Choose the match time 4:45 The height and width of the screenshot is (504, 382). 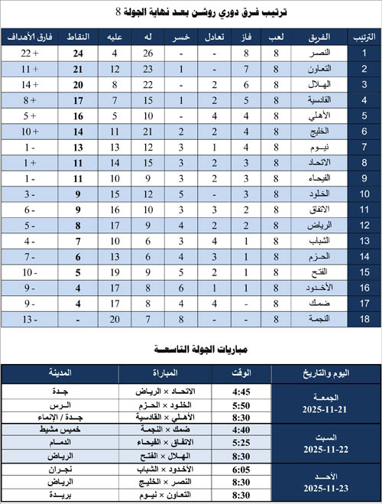coord(239,389)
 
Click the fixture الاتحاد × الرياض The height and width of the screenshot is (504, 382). coord(172,389)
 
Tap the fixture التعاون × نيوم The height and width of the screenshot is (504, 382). coord(173,494)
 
